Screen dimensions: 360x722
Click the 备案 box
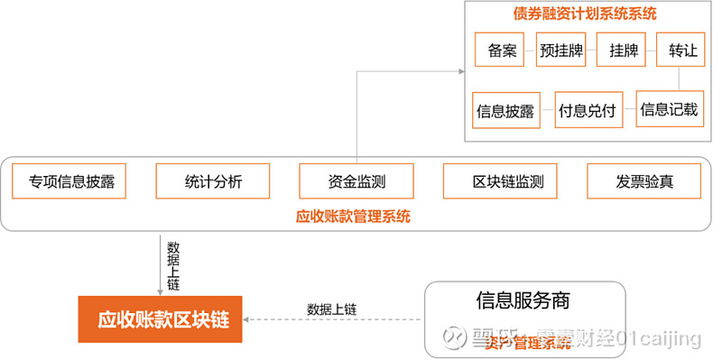pyautogui.click(x=501, y=51)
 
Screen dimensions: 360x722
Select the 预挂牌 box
pyautogui.click(x=562, y=51)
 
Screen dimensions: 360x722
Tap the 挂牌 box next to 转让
pyautogui.click(x=623, y=51)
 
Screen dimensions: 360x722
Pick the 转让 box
pyautogui.click(x=683, y=51)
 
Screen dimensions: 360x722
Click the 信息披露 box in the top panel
pyautogui.click(x=504, y=112)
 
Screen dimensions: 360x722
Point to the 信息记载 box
pyautogui.click(x=669, y=110)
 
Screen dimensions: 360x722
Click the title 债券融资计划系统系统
pyautogui.click(x=585, y=14)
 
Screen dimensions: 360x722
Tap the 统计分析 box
pyautogui.click(x=213, y=181)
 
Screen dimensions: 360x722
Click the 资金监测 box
pyautogui.click(x=356, y=181)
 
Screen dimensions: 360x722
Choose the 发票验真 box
pyautogui.click(x=644, y=181)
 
